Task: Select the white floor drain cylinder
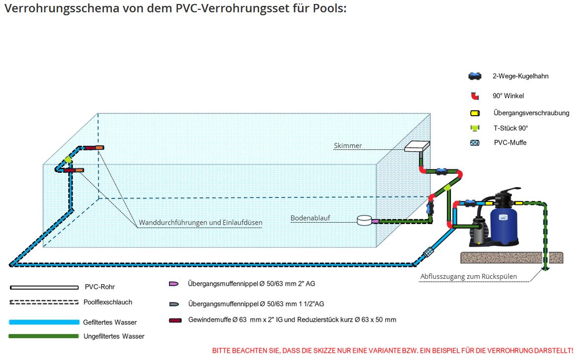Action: (365, 220)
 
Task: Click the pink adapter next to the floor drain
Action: (376, 221)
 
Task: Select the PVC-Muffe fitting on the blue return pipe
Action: (428, 253)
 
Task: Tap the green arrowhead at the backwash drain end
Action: (546, 268)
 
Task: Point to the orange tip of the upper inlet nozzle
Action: (99, 147)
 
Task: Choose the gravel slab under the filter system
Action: (511, 257)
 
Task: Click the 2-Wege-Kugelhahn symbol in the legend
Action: (475, 76)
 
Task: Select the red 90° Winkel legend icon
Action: (475, 96)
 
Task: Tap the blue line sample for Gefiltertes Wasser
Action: (44, 322)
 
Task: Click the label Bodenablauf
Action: (310, 218)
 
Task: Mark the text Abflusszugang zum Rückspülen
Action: (468, 276)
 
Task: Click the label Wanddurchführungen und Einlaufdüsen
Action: (201, 223)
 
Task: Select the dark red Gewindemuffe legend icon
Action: (175, 320)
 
